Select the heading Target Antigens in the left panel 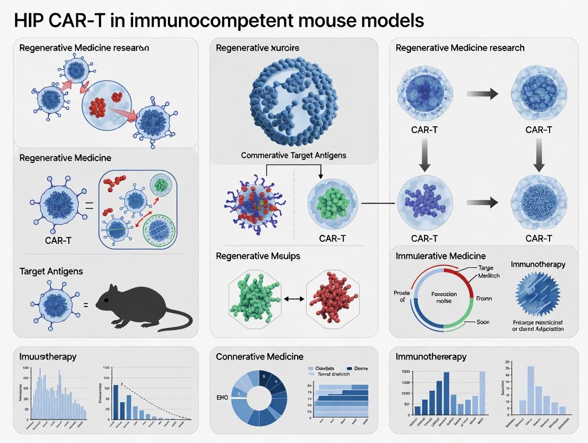tap(51, 272)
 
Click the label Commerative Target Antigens tap(293, 155)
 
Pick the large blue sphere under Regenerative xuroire tap(294, 101)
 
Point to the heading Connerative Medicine tap(259, 357)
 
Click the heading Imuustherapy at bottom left tap(48, 357)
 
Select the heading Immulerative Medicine tap(440, 256)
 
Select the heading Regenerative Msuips tap(258, 256)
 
